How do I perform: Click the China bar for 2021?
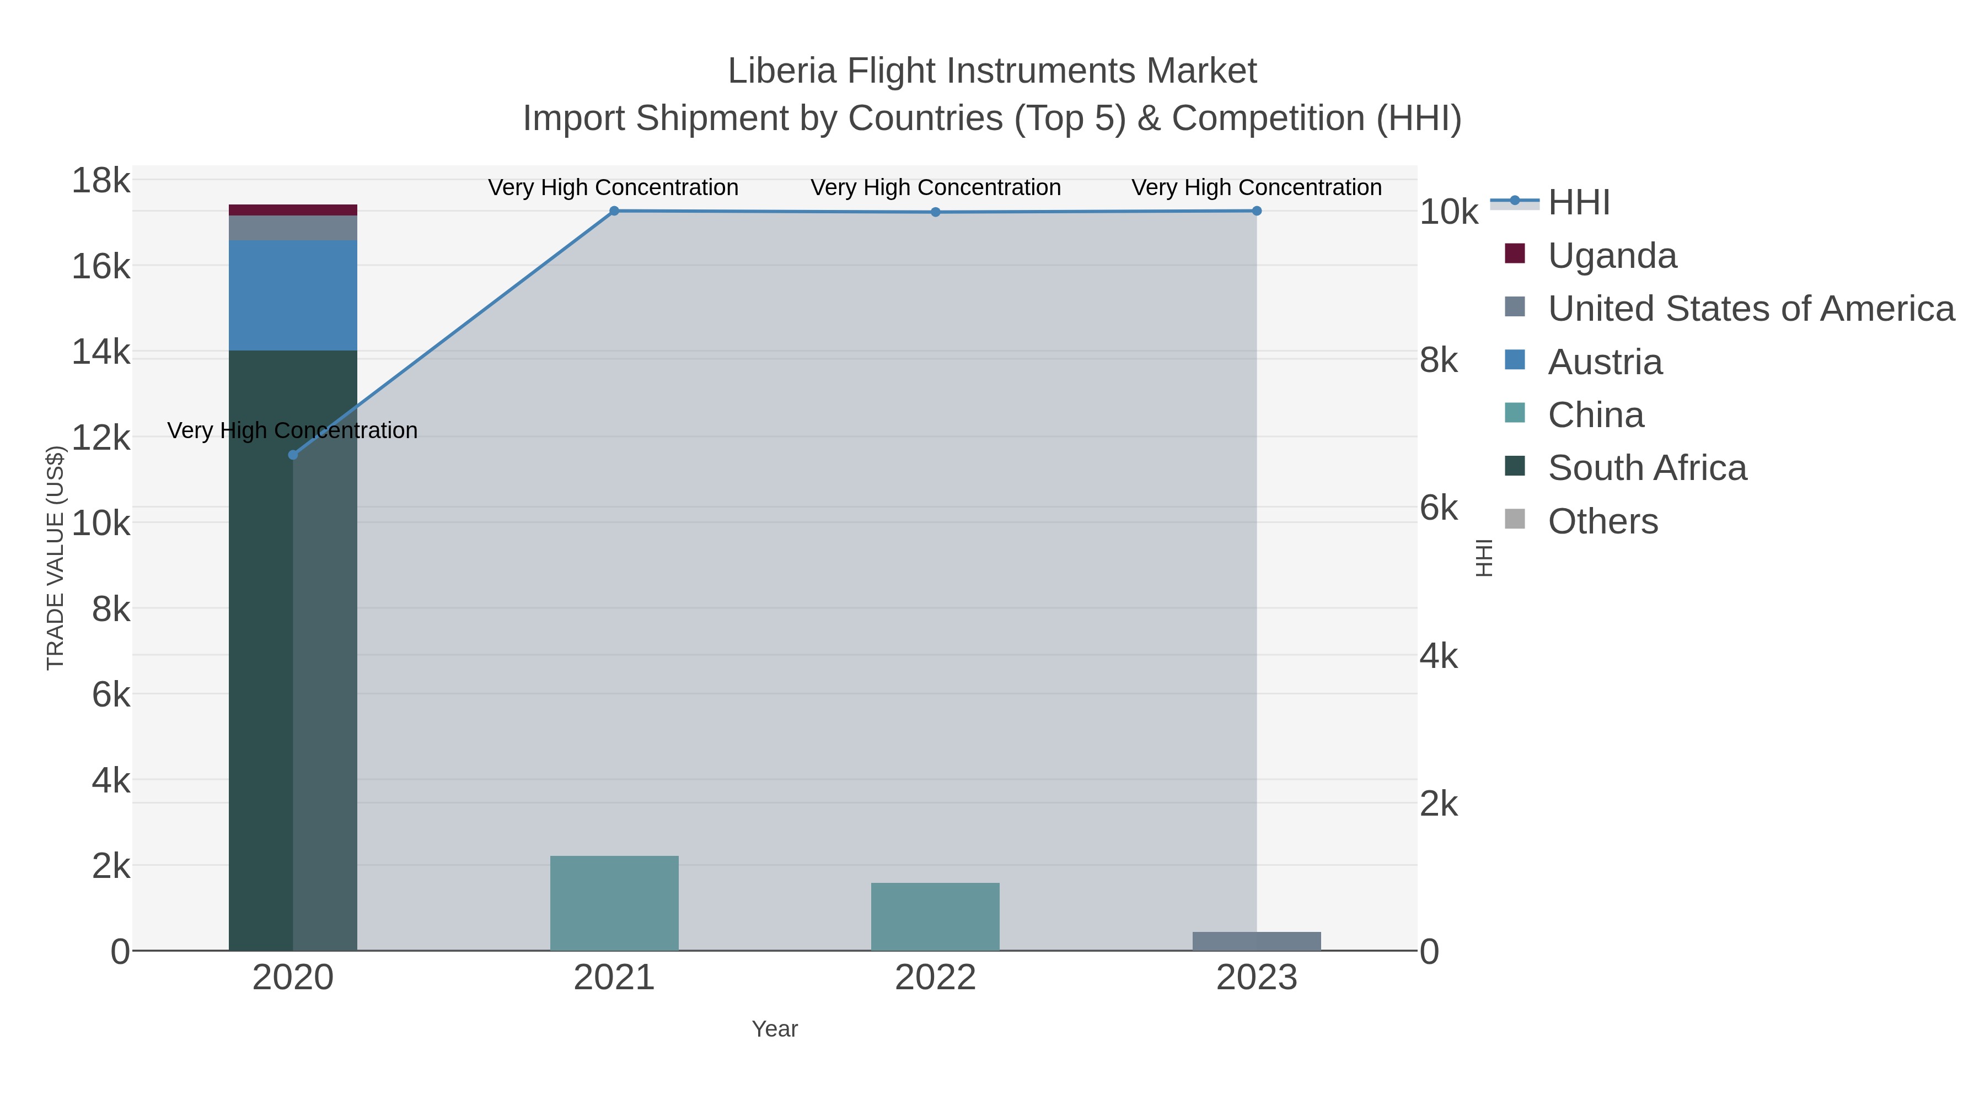[614, 903]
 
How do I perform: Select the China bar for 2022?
[935, 916]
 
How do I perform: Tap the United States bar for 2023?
[1256, 941]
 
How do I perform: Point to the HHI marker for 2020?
[293, 455]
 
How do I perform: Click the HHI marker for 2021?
[614, 211]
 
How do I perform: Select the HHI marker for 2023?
[1256, 211]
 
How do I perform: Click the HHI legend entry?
[1578, 203]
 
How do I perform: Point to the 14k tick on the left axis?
[101, 353]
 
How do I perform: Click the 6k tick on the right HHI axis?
[1439, 508]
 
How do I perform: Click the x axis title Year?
[775, 1029]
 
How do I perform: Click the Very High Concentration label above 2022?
[935, 187]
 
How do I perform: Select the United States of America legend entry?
[1750, 309]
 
